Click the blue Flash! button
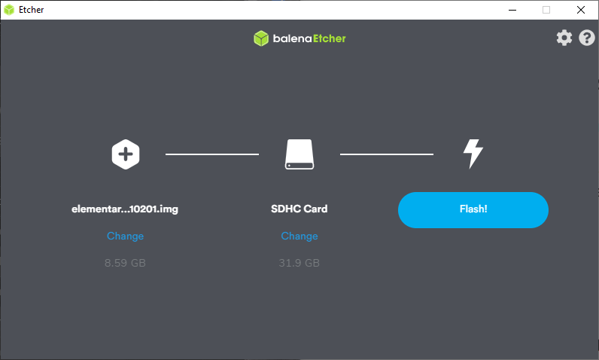click(x=473, y=210)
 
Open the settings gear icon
click(x=564, y=38)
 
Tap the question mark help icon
click(x=587, y=38)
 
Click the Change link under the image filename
click(x=126, y=236)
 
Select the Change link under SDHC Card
click(x=299, y=236)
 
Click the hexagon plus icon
click(x=126, y=154)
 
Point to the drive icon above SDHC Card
click(x=299, y=154)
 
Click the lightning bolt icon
click(x=473, y=154)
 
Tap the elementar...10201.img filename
click(x=125, y=209)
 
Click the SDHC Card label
click(x=299, y=209)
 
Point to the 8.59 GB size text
click(x=126, y=263)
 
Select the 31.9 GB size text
click(x=299, y=263)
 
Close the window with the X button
click(x=581, y=10)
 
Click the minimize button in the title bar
click(x=512, y=10)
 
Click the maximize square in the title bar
click(x=546, y=10)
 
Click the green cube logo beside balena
click(x=261, y=38)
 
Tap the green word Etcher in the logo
click(x=330, y=38)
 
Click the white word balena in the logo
click(x=292, y=38)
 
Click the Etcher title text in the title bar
click(x=32, y=10)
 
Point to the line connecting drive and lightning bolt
click(x=387, y=154)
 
